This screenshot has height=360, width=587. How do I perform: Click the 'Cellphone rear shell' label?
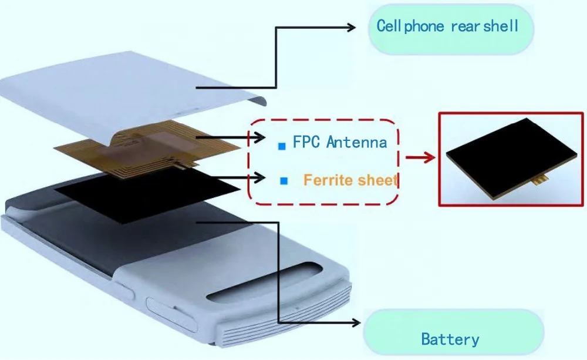447,26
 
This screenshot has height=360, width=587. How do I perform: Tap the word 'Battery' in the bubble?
450,339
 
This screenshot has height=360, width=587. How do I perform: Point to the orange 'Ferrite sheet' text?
350,180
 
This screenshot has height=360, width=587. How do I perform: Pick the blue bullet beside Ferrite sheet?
284,181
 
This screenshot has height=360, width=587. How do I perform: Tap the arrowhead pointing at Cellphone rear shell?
352,26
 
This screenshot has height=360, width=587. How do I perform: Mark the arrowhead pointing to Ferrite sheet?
259,176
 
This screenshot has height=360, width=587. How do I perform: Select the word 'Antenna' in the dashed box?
357,142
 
